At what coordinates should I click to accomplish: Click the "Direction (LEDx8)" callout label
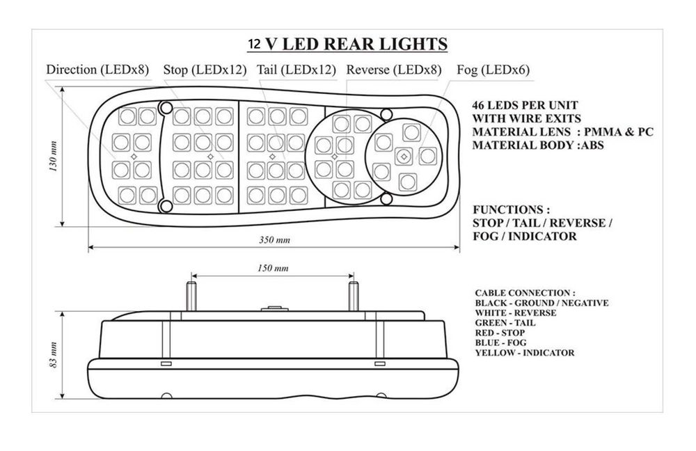pos(97,70)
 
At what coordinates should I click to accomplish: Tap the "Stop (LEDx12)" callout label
pos(205,70)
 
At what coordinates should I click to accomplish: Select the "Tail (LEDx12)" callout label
pos(296,70)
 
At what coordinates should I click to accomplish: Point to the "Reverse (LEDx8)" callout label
pos(394,70)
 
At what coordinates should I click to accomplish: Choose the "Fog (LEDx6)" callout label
pos(493,70)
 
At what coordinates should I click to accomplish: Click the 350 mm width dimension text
pos(274,240)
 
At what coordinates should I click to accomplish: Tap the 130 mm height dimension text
pos(54,157)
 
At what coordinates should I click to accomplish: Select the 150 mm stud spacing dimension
pos(273,268)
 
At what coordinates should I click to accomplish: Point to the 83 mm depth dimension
pos(54,355)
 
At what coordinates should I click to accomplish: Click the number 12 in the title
pos(254,45)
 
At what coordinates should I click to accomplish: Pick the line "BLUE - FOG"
pos(500,342)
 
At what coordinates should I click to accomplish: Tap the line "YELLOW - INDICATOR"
pos(524,353)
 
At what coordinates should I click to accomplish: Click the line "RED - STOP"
pos(499,333)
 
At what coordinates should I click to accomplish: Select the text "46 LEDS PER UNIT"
pos(525,106)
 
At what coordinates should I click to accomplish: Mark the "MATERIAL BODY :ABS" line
pos(538,145)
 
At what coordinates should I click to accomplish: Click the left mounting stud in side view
pos(191,296)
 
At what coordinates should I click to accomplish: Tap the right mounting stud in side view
pos(354,296)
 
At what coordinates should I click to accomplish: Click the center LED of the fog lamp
pos(404,157)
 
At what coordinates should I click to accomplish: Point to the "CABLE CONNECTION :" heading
pos(525,293)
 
